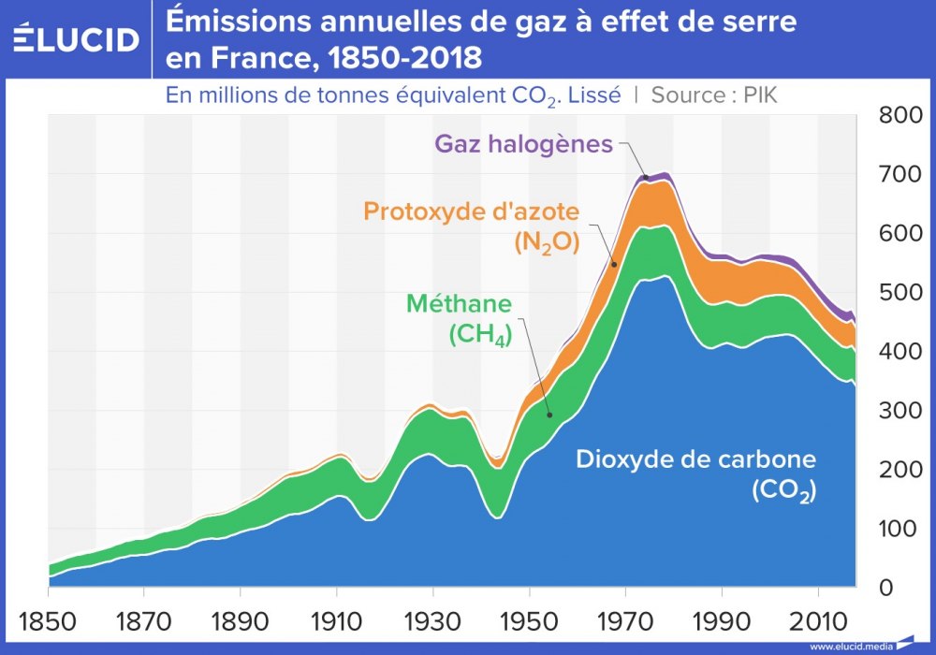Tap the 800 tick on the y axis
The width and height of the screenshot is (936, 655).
pos(900,116)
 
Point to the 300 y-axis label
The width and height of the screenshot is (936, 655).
pos(900,411)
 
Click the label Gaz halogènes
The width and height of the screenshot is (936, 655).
pos(523,144)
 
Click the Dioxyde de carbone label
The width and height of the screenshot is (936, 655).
pos(696,459)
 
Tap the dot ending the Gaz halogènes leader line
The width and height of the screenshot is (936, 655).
pos(646,177)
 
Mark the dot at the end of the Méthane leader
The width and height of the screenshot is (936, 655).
pos(549,415)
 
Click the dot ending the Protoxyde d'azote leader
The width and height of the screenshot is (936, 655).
pos(615,265)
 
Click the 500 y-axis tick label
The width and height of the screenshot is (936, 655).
pos(900,293)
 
